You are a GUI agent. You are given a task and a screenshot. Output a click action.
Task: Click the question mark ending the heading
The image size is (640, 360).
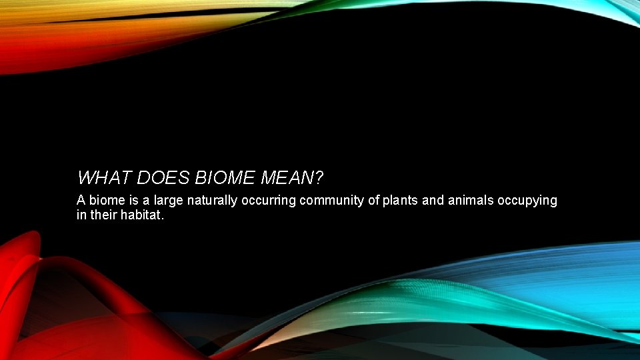[319, 178]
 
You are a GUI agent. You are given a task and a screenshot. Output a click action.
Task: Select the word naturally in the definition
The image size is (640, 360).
[211, 201]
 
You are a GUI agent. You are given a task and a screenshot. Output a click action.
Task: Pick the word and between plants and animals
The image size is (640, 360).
[433, 201]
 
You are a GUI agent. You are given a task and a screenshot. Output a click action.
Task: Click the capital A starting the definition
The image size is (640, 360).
[81, 201]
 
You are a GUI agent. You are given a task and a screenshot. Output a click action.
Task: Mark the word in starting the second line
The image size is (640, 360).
[81, 215]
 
